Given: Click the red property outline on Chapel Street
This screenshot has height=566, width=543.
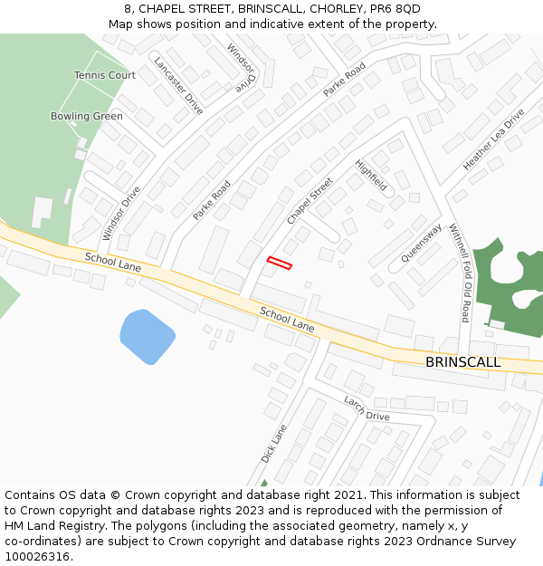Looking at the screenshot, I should (x=280, y=263).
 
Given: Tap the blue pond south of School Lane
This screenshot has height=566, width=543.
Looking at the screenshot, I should (x=147, y=336).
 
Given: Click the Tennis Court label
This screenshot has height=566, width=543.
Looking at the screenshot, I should (x=105, y=75).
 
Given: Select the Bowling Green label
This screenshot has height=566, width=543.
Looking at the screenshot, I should (x=87, y=116).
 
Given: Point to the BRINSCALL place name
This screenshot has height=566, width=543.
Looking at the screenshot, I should (x=462, y=362).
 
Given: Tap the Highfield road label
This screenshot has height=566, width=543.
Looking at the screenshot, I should (x=371, y=176).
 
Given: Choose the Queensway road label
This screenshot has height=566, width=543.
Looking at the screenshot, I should (x=421, y=243).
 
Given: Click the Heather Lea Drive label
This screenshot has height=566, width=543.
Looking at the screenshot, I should (x=493, y=140).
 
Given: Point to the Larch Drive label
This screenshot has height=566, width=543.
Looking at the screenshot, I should (x=367, y=408).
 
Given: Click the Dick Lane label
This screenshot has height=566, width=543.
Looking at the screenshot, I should (x=273, y=444).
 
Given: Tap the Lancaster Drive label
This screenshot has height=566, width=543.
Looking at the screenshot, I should (x=178, y=86).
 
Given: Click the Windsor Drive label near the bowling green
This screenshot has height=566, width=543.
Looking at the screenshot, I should (x=121, y=213).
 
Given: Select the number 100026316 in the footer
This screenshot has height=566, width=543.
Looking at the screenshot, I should (x=38, y=556).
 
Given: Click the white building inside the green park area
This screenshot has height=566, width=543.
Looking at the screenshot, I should (x=42, y=212).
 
